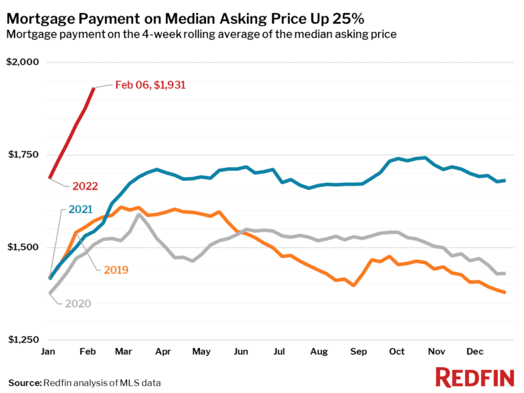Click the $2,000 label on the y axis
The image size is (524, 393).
(23, 62)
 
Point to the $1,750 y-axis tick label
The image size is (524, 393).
(23, 155)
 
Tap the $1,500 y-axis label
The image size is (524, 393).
(23, 247)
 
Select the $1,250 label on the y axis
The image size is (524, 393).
(23, 340)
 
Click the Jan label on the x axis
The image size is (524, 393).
(49, 351)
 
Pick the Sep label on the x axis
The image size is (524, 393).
(357, 351)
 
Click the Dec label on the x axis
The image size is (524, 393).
(476, 351)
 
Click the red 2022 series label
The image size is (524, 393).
(86, 186)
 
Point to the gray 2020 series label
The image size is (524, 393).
(78, 303)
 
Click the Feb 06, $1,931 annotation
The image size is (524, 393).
(150, 85)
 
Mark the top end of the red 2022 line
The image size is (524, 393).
(93, 88)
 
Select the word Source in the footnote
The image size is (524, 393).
(25, 382)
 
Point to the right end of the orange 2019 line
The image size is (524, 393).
(504, 292)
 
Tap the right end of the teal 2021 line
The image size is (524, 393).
(504, 180)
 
